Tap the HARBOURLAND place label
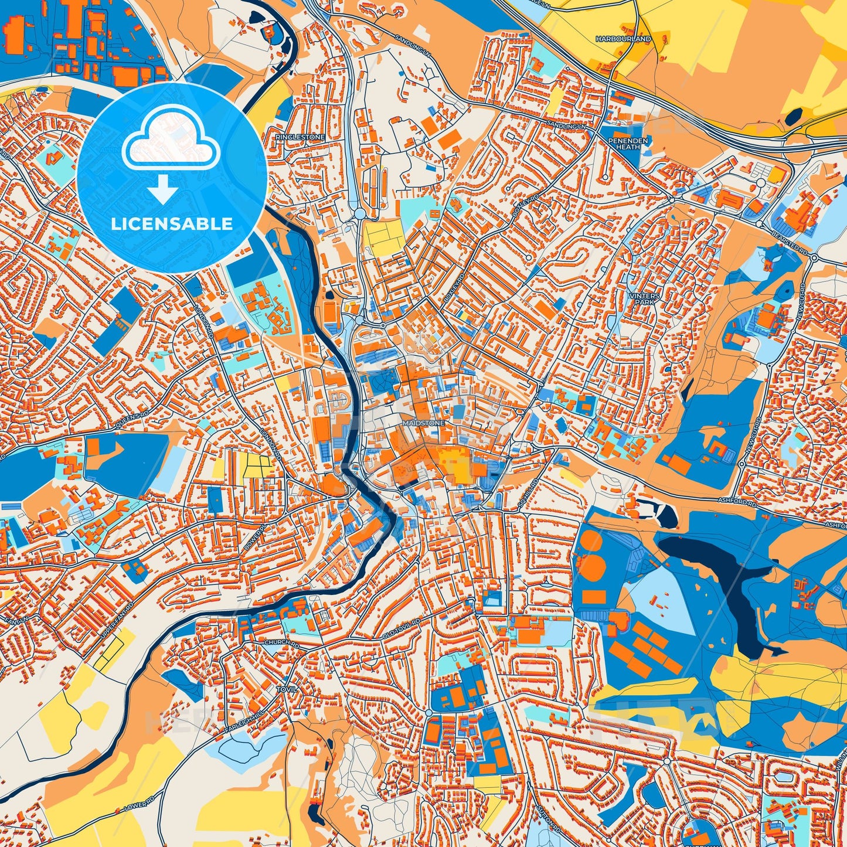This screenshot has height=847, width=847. tap(624, 39)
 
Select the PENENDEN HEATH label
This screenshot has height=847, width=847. tap(627, 144)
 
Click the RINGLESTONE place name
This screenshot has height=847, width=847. tap(300, 137)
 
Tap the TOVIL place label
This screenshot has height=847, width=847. tap(287, 689)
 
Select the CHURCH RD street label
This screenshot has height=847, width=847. tap(281, 644)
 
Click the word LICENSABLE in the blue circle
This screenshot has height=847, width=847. tap(172, 224)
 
